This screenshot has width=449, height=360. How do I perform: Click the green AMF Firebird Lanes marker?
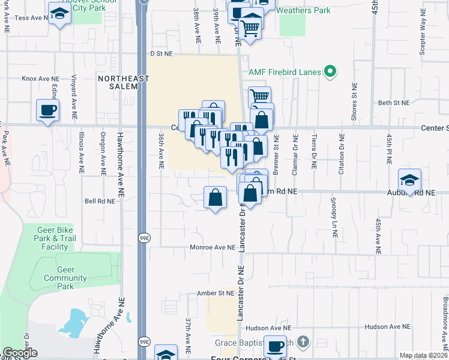(329, 72)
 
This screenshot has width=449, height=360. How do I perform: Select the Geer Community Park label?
(65, 278)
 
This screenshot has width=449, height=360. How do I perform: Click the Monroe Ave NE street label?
(212, 247)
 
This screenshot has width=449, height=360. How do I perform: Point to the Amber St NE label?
(215, 293)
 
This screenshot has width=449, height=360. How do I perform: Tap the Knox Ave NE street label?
(41, 79)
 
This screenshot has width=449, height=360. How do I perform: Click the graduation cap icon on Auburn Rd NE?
(409, 180)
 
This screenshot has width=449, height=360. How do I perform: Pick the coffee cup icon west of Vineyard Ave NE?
(47, 110)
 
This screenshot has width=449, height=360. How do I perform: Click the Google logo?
(20, 353)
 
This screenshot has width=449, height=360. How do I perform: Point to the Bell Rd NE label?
(100, 202)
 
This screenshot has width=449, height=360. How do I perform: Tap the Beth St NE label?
(393, 103)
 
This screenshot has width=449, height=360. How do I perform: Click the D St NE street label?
(161, 53)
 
